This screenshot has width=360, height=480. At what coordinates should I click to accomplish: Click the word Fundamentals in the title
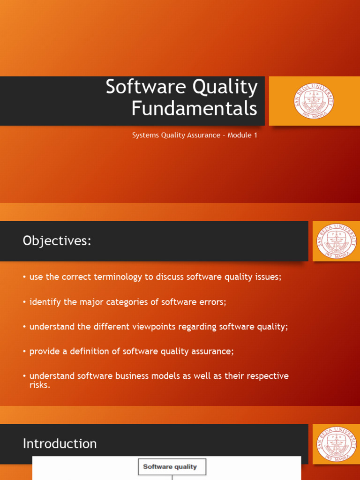point(194,108)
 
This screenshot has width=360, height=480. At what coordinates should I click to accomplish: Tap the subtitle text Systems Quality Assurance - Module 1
point(195,135)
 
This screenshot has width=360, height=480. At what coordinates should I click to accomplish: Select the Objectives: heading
point(57,241)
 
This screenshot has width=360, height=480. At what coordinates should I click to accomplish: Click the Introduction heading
point(60,443)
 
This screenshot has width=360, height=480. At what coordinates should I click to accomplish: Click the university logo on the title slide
point(314,101)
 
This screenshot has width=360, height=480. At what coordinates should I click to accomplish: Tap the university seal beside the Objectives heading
point(337,241)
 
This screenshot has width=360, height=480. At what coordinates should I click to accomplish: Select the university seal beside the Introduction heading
point(337,443)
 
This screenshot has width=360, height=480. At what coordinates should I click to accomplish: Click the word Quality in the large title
point(225,87)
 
